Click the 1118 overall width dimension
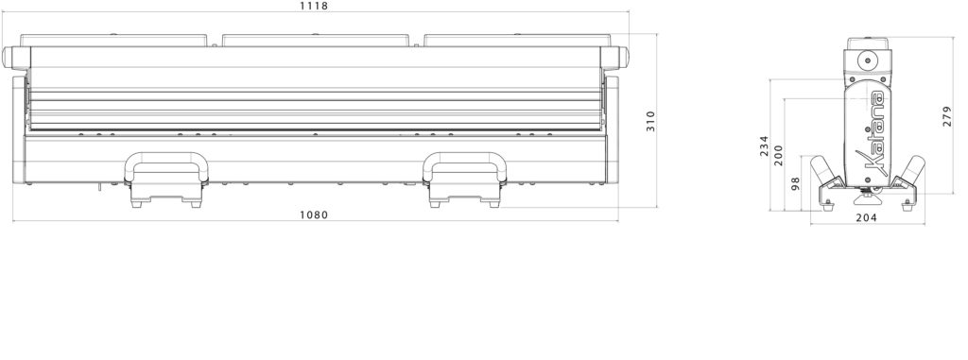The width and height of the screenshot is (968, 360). (314, 7)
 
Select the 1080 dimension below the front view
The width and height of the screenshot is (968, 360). (314, 214)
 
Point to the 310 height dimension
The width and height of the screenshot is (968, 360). (650, 121)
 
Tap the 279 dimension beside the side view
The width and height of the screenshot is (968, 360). (947, 116)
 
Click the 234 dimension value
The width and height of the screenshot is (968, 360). (764, 146)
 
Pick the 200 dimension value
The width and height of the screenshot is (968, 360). (778, 155)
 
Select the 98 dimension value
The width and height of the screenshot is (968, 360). (795, 183)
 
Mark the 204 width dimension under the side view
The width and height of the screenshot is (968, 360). (867, 217)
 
